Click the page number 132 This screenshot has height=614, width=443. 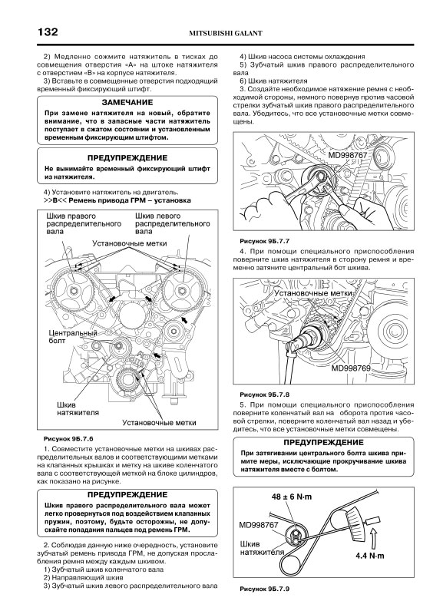click(x=48, y=31)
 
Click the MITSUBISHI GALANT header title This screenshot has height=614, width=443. click(x=226, y=33)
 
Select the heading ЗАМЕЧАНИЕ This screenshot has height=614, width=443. click(x=127, y=103)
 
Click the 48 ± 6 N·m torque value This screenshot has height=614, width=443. click(x=292, y=497)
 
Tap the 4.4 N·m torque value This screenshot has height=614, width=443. click(x=370, y=555)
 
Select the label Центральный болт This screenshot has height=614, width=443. click(x=73, y=337)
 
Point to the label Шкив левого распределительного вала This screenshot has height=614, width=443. click(x=172, y=223)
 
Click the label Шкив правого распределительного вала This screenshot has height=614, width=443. click(x=84, y=223)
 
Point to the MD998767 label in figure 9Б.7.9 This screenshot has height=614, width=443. click(x=259, y=525)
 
